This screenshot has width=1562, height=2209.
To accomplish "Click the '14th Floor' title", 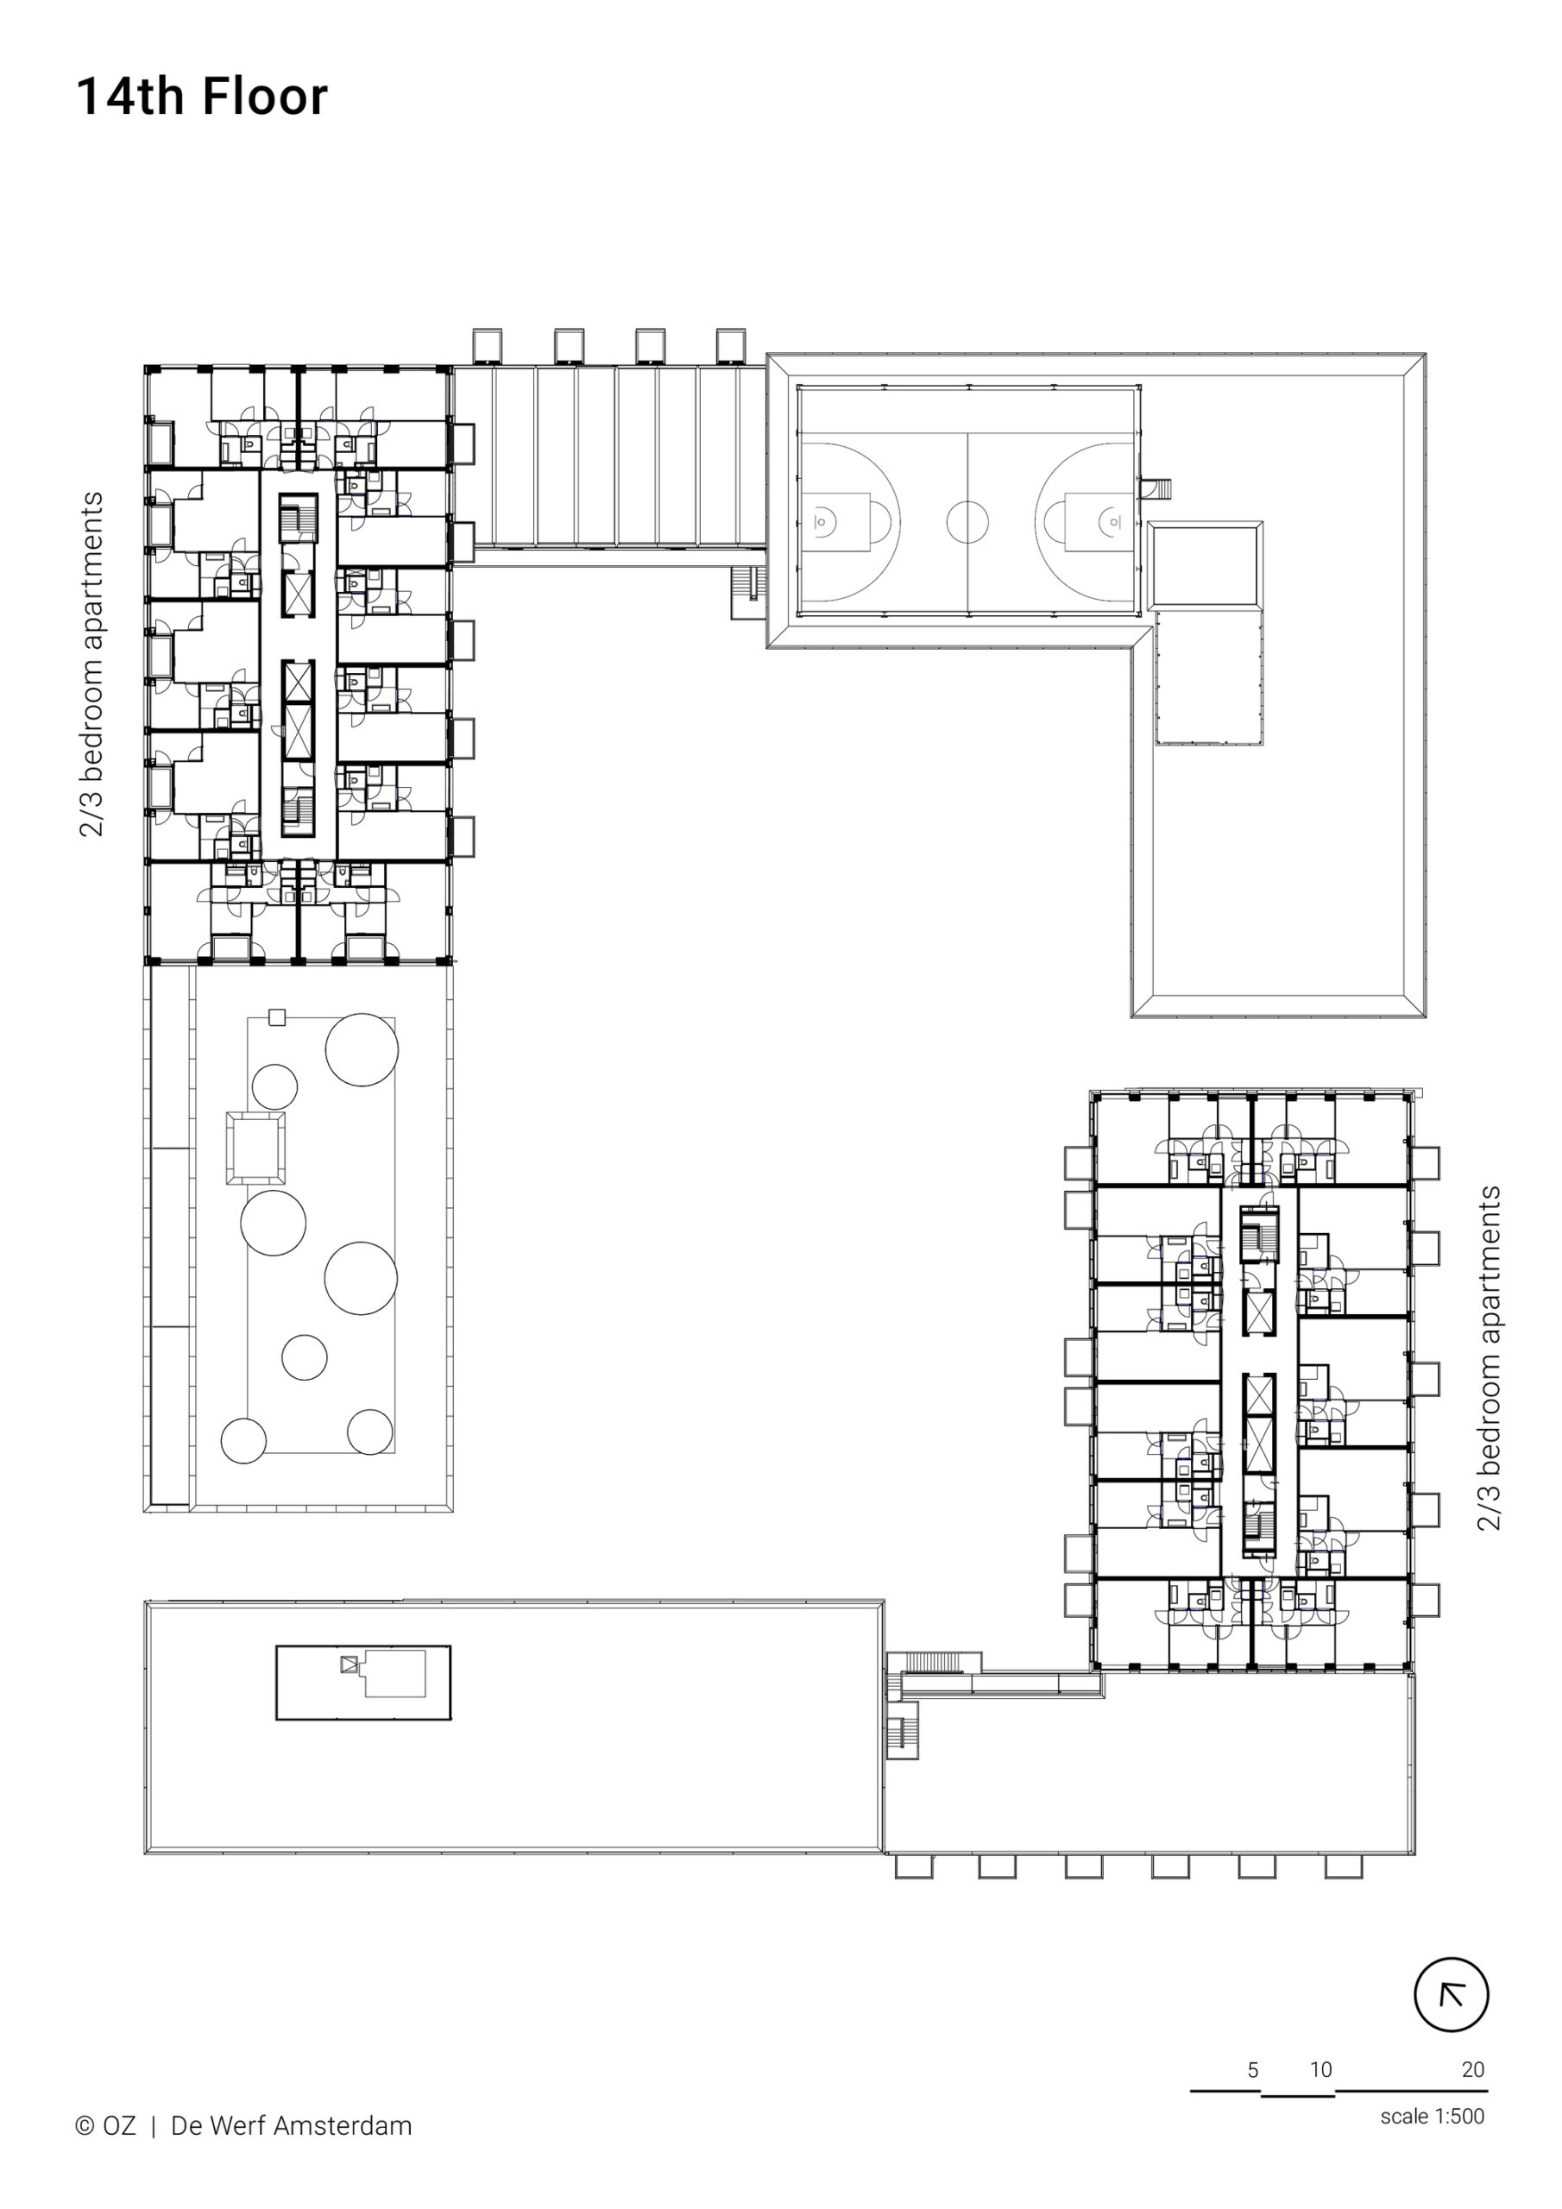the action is pos(202,98).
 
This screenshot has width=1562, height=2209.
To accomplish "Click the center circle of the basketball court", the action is pos(967,522).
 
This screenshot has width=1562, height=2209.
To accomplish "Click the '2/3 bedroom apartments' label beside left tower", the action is pos(91,664).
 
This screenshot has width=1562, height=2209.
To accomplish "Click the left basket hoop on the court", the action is pos(820,522).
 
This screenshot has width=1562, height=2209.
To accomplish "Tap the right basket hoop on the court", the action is pos(1114,522).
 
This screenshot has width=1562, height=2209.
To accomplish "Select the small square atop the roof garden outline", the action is pos(277,1017).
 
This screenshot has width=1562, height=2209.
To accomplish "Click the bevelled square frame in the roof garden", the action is pos(256,1148).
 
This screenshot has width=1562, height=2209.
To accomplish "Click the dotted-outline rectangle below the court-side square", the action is pos(1209,677).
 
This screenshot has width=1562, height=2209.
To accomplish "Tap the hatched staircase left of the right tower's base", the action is pos(933,1663).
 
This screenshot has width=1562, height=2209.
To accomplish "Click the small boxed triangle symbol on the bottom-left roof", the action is pos(350,1664).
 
